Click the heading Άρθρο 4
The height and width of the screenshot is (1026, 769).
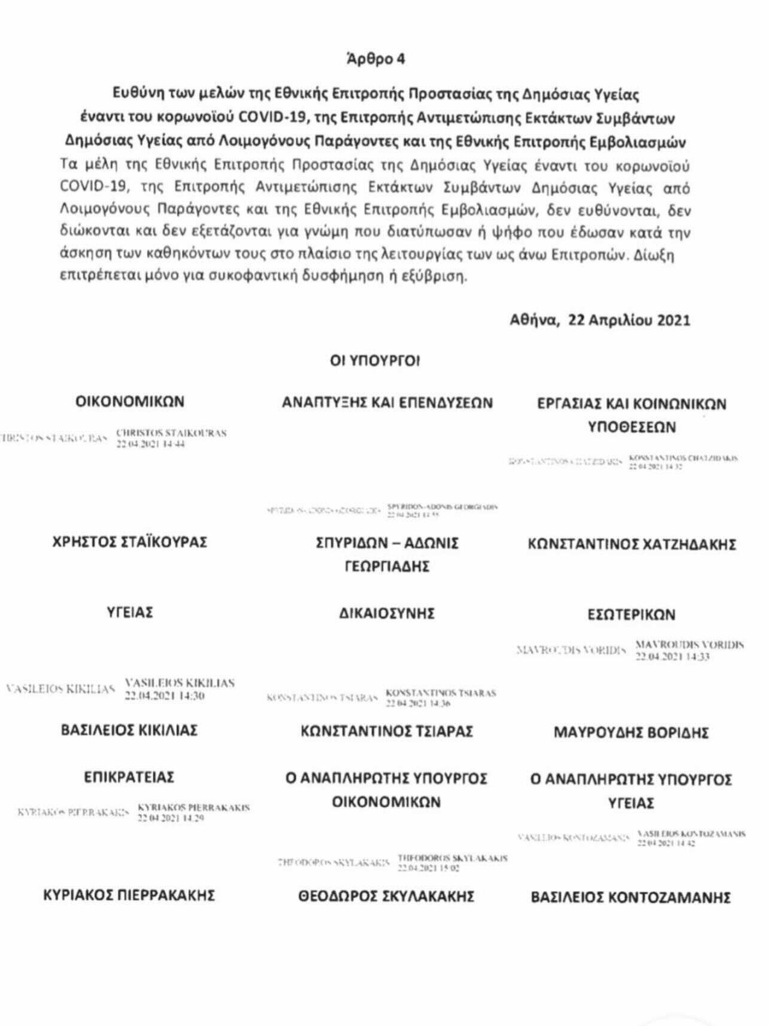coord(376,59)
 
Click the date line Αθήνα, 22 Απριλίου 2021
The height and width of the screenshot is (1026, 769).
coord(600,320)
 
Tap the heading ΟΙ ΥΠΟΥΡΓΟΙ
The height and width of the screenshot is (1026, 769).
coord(375,360)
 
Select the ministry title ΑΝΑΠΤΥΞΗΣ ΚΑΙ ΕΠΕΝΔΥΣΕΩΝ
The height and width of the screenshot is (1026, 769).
coord(387,403)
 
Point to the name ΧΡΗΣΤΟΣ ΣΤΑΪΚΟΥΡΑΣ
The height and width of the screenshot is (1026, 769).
coord(130,542)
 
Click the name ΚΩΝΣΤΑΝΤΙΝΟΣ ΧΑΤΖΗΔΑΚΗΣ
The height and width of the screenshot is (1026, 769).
coord(631,545)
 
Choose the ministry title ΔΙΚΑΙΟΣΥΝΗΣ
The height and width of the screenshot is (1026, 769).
coord(386,613)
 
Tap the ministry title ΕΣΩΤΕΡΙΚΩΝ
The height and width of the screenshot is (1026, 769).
coord(631,615)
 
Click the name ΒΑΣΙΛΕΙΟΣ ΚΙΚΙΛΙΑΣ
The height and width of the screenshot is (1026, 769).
coord(129,730)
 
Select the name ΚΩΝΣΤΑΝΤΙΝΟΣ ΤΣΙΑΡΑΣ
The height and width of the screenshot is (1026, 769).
coord(387,731)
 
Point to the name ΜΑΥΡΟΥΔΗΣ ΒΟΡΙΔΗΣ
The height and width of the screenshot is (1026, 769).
coord(631,733)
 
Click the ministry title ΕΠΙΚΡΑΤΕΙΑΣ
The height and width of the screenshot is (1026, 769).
coord(129,778)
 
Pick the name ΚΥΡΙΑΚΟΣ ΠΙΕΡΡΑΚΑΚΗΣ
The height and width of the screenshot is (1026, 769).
coord(129,896)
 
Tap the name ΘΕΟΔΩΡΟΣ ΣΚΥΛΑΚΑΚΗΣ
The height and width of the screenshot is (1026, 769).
coord(386,896)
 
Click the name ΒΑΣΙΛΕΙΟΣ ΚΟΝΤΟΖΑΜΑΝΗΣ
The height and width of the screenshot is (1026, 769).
coord(631,898)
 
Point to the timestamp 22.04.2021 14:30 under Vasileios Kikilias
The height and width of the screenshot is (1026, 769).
coord(165,696)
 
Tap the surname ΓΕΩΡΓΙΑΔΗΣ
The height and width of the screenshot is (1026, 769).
coord(387,566)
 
